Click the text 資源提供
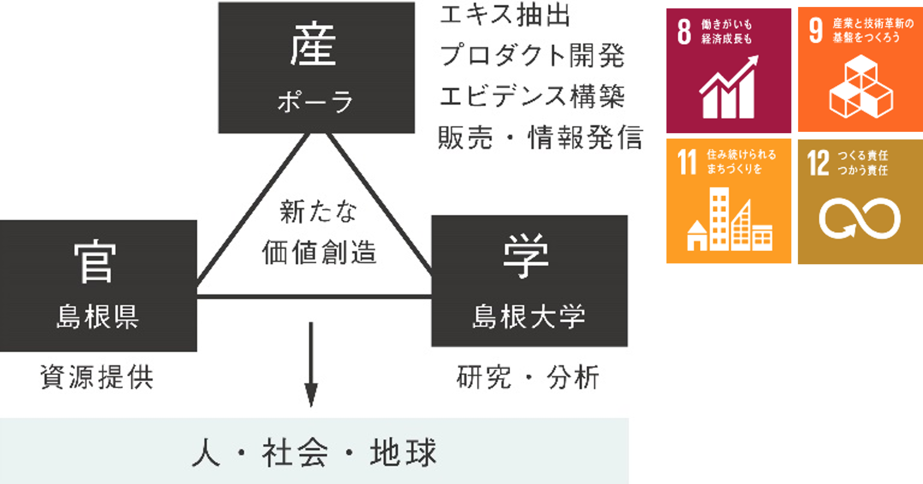point(97,377)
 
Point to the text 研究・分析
point(528,377)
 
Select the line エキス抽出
point(505,16)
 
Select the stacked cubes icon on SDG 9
point(861,87)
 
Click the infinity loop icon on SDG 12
point(860,218)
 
